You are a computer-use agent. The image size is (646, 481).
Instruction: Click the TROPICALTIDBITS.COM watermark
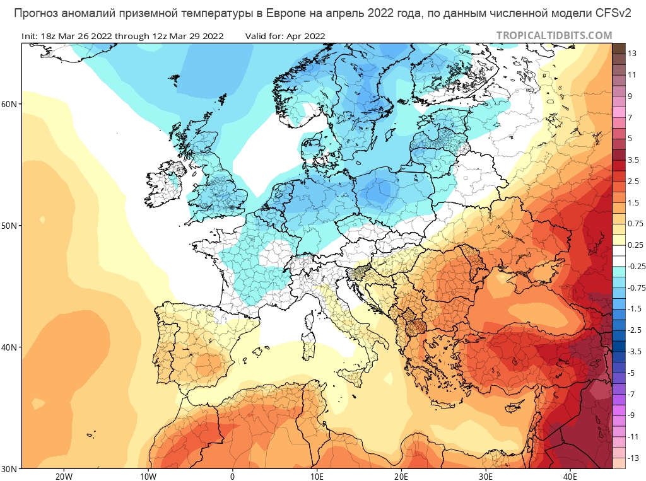(554, 36)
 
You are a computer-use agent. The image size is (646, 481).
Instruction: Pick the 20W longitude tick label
(64, 476)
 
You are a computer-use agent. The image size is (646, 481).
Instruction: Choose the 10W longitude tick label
(148, 476)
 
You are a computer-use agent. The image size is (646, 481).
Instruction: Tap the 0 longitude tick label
(233, 476)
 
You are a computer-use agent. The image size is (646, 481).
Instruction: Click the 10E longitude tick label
(317, 476)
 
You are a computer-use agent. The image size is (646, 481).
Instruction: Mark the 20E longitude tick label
(402, 476)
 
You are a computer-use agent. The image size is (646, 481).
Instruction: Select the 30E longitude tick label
(486, 476)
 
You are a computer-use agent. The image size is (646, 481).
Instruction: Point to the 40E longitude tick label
(570, 476)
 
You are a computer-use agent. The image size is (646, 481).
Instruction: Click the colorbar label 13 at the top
(632, 53)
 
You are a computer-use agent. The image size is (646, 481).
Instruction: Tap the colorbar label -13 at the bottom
(633, 458)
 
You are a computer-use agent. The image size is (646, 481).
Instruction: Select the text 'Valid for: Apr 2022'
(286, 37)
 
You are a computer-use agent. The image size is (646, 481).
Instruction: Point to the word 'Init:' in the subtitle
(30, 37)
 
